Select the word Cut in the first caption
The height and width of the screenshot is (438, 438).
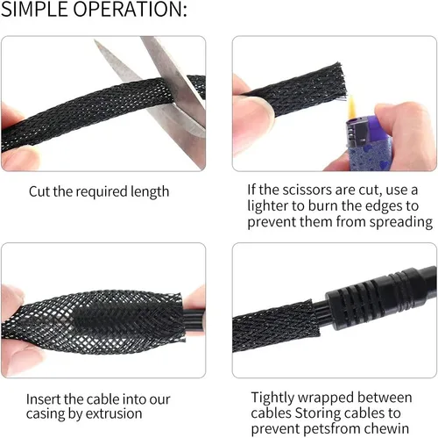41,191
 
